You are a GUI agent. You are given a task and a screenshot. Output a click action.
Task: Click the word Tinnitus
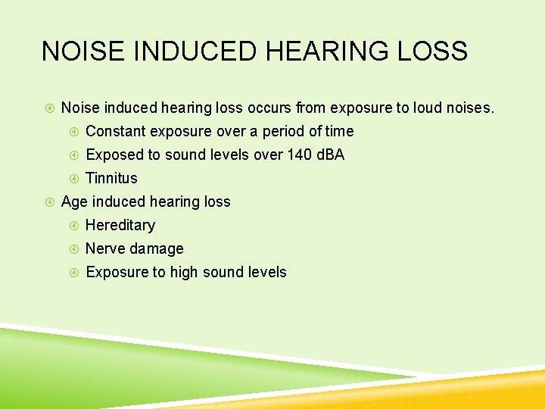(111, 178)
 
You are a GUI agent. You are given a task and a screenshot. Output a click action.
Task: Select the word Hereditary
(120, 225)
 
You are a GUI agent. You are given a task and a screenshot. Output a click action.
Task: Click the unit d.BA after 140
(329, 155)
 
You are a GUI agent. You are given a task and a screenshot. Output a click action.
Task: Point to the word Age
(73, 201)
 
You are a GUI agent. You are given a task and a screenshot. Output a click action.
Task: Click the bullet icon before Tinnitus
(74, 179)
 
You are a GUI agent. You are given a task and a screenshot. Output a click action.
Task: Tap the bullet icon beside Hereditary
(74, 226)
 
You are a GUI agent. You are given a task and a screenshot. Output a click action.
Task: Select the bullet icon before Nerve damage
(74, 249)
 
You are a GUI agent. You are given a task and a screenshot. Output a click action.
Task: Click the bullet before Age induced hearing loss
(49, 202)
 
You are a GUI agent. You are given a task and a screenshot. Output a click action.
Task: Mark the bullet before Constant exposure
(74, 132)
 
